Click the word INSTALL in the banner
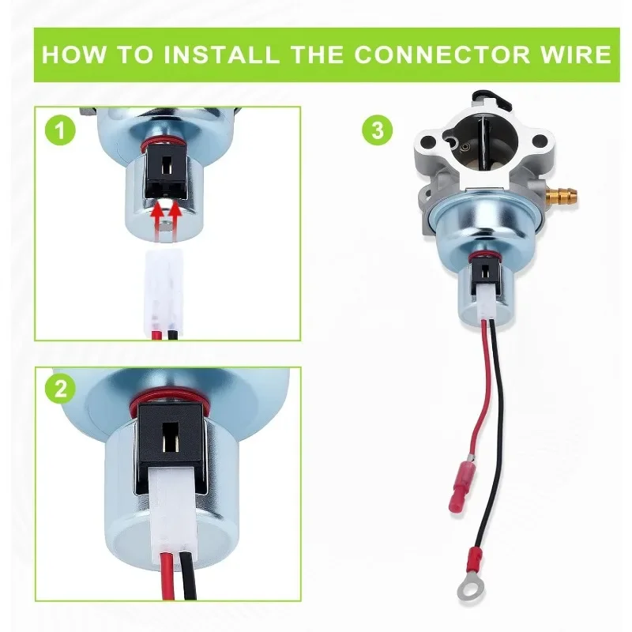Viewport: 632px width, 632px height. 221,55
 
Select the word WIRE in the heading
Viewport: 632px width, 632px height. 577,55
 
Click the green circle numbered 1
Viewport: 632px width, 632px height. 60,130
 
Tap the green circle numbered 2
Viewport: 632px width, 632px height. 60,389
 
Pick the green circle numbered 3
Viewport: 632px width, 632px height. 378,130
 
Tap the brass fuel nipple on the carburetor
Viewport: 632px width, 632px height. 566,196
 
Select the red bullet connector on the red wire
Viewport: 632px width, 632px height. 461,484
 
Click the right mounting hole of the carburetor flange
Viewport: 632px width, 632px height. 539,141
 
